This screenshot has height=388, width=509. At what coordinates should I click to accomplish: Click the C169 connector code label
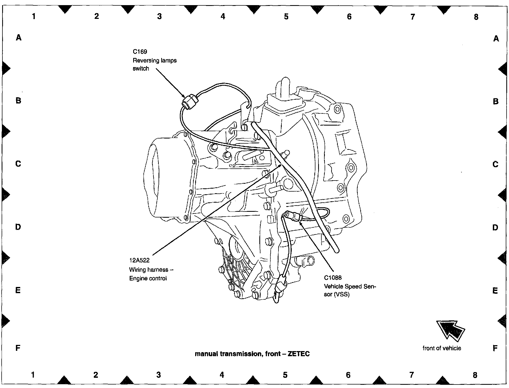140,51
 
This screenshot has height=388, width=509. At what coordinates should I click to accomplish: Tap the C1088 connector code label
333,278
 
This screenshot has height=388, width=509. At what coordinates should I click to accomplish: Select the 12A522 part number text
139,261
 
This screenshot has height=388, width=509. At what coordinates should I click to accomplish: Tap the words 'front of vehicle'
442,348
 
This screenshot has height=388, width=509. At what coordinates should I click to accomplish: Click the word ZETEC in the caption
299,354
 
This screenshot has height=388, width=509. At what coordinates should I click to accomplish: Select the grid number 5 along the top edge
286,17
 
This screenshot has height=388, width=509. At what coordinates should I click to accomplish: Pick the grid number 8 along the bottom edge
475,375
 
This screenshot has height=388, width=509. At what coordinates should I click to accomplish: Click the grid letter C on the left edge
18,164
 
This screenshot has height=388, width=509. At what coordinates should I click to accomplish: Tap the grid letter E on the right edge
495,291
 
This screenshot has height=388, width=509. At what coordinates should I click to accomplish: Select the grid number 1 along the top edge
34,16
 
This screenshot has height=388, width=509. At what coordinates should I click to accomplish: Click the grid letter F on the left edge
18,348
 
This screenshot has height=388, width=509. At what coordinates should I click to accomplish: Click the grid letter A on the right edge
496,39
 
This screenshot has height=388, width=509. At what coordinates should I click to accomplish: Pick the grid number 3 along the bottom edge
159,375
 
